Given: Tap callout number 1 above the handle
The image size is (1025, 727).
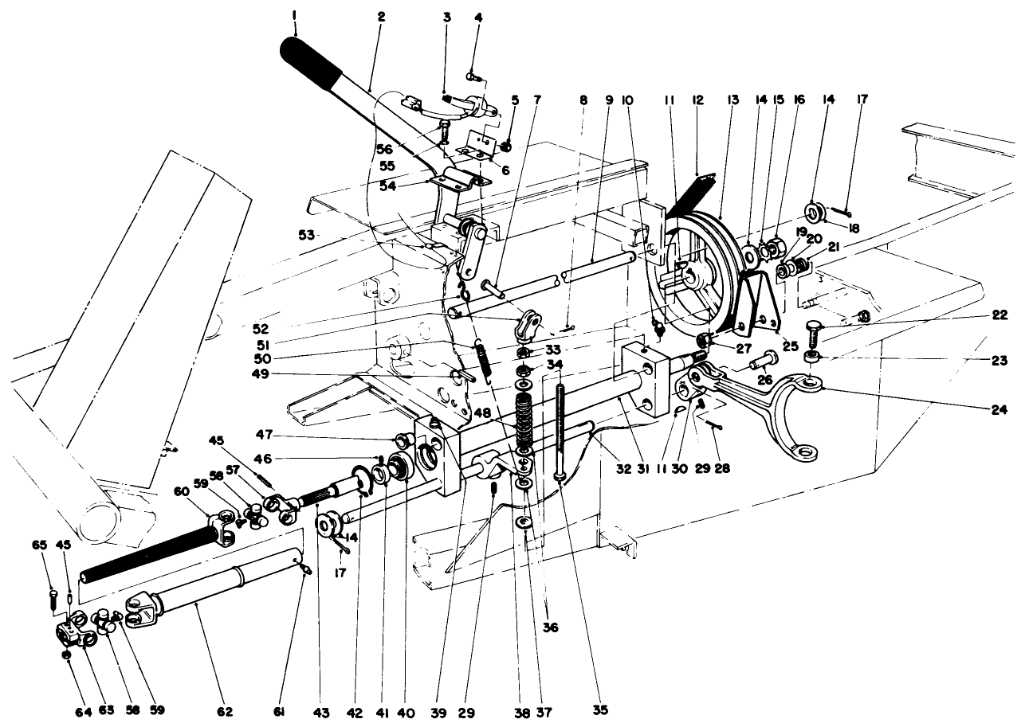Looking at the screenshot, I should [294, 14].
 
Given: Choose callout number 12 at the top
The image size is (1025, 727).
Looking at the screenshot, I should [698, 100].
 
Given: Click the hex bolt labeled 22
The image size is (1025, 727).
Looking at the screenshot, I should [815, 329].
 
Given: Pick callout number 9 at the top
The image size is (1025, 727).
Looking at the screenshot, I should [609, 100].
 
